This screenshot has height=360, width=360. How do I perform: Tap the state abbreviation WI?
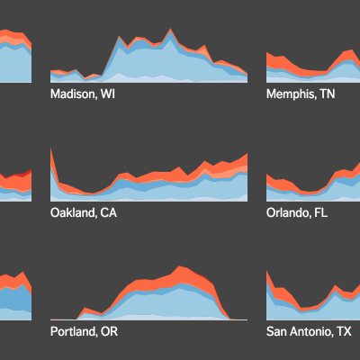tap(108, 94)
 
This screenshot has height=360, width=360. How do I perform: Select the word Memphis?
tap(291, 94)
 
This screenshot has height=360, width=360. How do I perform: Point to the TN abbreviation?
tap(328, 94)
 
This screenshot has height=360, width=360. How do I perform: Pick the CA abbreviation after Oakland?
tap(109, 212)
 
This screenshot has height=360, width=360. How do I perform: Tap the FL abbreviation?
tap(321, 212)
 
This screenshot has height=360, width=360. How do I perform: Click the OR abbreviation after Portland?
tap(109, 331)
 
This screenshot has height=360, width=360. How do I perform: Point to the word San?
tap(274, 331)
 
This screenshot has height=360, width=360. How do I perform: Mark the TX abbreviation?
tap(344, 331)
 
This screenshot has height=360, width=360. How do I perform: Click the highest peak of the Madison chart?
tap(171, 29)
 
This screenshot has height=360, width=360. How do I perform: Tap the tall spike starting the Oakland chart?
tap(51, 148)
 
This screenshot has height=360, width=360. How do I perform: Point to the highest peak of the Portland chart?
tap(179, 266)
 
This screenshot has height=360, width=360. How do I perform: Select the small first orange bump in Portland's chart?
tap(85, 308)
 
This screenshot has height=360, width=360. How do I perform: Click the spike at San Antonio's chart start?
tap(267, 272)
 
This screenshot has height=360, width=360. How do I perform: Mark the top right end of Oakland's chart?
tap(247, 154)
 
